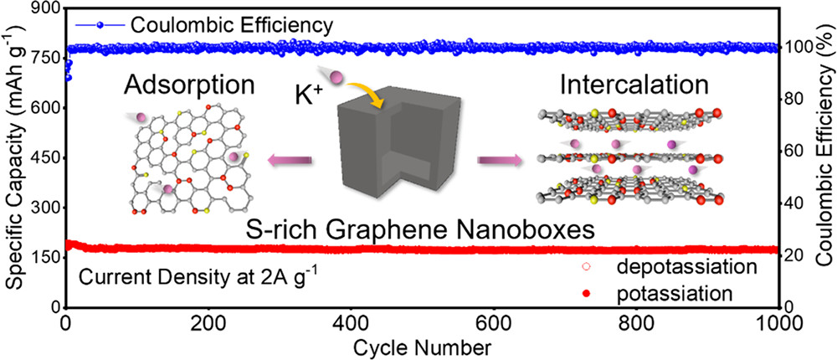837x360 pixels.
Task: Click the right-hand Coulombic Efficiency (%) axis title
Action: point(824,157)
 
